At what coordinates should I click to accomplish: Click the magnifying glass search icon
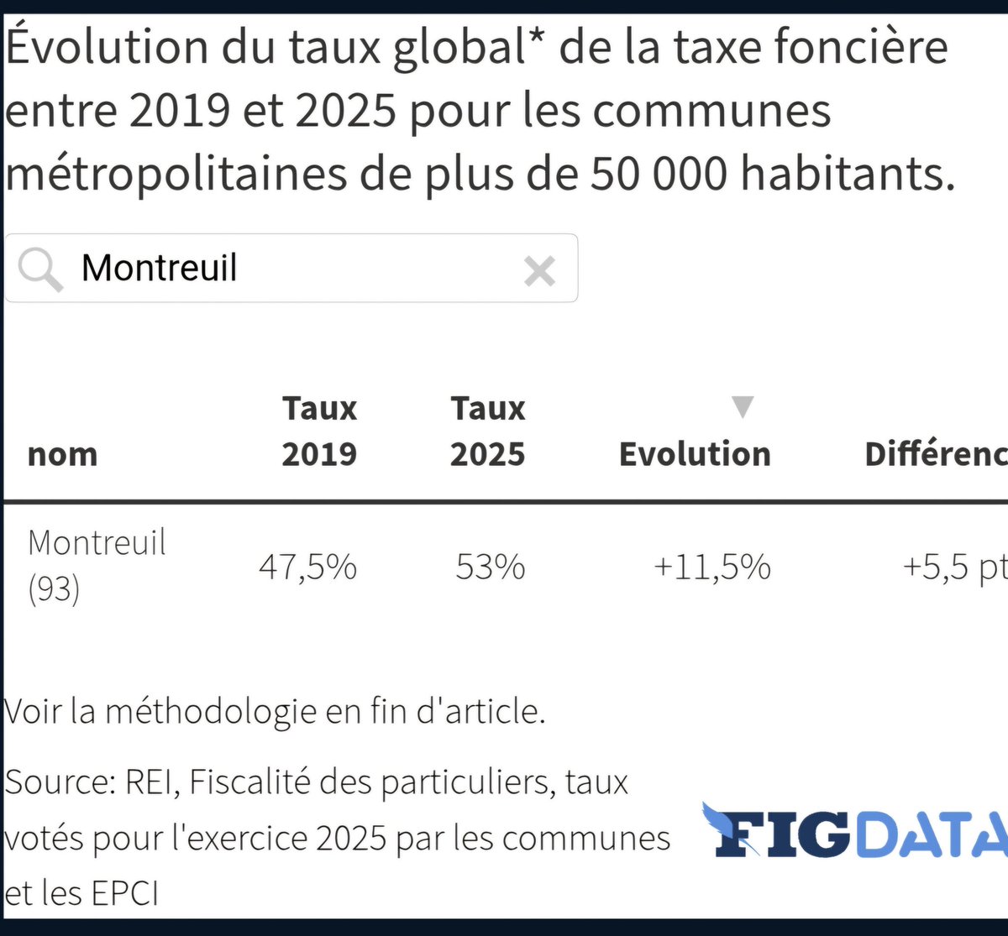click(x=39, y=269)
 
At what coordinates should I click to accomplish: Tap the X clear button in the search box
click(x=539, y=271)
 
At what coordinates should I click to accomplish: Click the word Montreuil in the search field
click(x=160, y=269)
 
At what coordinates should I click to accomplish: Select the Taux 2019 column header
click(x=319, y=431)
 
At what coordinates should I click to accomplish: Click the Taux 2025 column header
click(x=487, y=431)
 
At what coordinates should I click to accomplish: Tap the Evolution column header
click(x=695, y=454)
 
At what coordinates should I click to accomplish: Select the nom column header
click(x=62, y=454)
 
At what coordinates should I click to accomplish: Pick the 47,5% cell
click(x=307, y=567)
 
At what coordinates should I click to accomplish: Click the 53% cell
click(x=491, y=567)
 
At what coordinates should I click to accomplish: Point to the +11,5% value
click(x=711, y=567)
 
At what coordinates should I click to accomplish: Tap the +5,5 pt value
click(x=953, y=567)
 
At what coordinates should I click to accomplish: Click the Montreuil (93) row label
click(x=97, y=565)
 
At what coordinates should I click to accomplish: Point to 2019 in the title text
click(x=179, y=111)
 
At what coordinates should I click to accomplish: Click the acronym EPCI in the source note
click(x=124, y=893)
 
